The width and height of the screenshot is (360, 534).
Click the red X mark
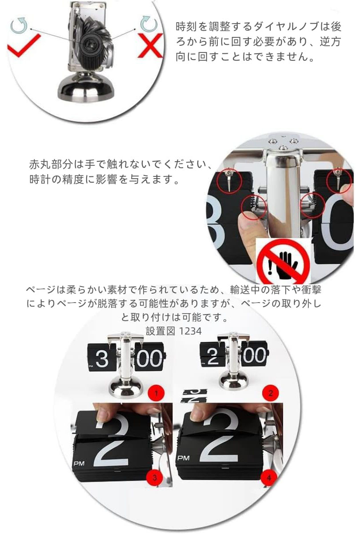tap(150, 46)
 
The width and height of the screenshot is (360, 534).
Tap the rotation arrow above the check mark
tap(19, 25)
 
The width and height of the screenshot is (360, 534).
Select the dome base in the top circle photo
tap(86, 87)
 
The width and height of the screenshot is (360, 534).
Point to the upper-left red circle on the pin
tap(229, 180)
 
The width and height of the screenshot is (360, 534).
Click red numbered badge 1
tap(156, 393)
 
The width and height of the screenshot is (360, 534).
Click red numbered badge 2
tap(271, 393)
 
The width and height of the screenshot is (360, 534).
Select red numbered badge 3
tap(155, 482)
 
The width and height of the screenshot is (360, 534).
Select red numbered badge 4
tap(269, 482)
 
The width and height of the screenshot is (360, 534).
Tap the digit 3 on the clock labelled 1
tap(102, 358)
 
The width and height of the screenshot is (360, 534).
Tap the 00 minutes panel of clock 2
tap(254, 355)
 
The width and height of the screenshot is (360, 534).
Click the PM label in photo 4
tap(184, 458)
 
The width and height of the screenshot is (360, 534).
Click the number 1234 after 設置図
tap(190, 331)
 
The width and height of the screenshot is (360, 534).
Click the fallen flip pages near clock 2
tap(194, 396)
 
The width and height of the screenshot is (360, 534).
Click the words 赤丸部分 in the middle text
tap(51, 165)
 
